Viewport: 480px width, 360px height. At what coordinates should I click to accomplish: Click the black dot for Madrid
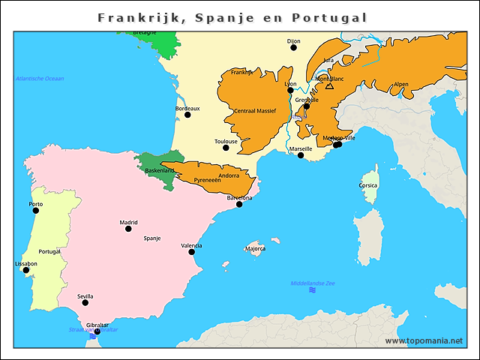[128, 228]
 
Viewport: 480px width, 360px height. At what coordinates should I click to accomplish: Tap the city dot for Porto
[35, 211]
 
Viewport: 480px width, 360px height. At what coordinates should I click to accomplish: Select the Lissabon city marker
[25, 271]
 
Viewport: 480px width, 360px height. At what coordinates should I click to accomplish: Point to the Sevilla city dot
[85, 303]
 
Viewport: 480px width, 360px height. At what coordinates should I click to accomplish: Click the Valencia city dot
[191, 252]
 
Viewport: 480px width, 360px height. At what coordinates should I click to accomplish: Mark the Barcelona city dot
[239, 204]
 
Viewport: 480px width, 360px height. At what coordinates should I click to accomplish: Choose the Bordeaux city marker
[187, 115]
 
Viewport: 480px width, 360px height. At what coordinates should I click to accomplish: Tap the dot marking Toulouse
[225, 148]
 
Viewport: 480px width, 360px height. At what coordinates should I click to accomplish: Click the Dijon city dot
[293, 47]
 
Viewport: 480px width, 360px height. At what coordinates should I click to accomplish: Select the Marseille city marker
[301, 155]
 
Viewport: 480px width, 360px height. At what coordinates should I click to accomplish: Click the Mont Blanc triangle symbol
[329, 86]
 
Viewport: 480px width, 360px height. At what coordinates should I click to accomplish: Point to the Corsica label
[368, 185]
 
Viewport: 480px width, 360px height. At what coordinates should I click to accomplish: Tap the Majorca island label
[255, 248]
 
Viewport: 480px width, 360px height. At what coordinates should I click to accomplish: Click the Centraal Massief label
[255, 111]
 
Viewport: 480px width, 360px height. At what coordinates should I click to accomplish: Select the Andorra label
[229, 175]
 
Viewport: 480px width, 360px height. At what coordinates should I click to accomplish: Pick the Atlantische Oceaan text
[40, 79]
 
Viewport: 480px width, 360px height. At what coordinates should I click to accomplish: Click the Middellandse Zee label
[313, 283]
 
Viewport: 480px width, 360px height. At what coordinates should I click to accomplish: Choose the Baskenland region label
[160, 171]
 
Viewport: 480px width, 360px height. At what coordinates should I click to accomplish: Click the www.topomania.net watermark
[424, 340]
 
